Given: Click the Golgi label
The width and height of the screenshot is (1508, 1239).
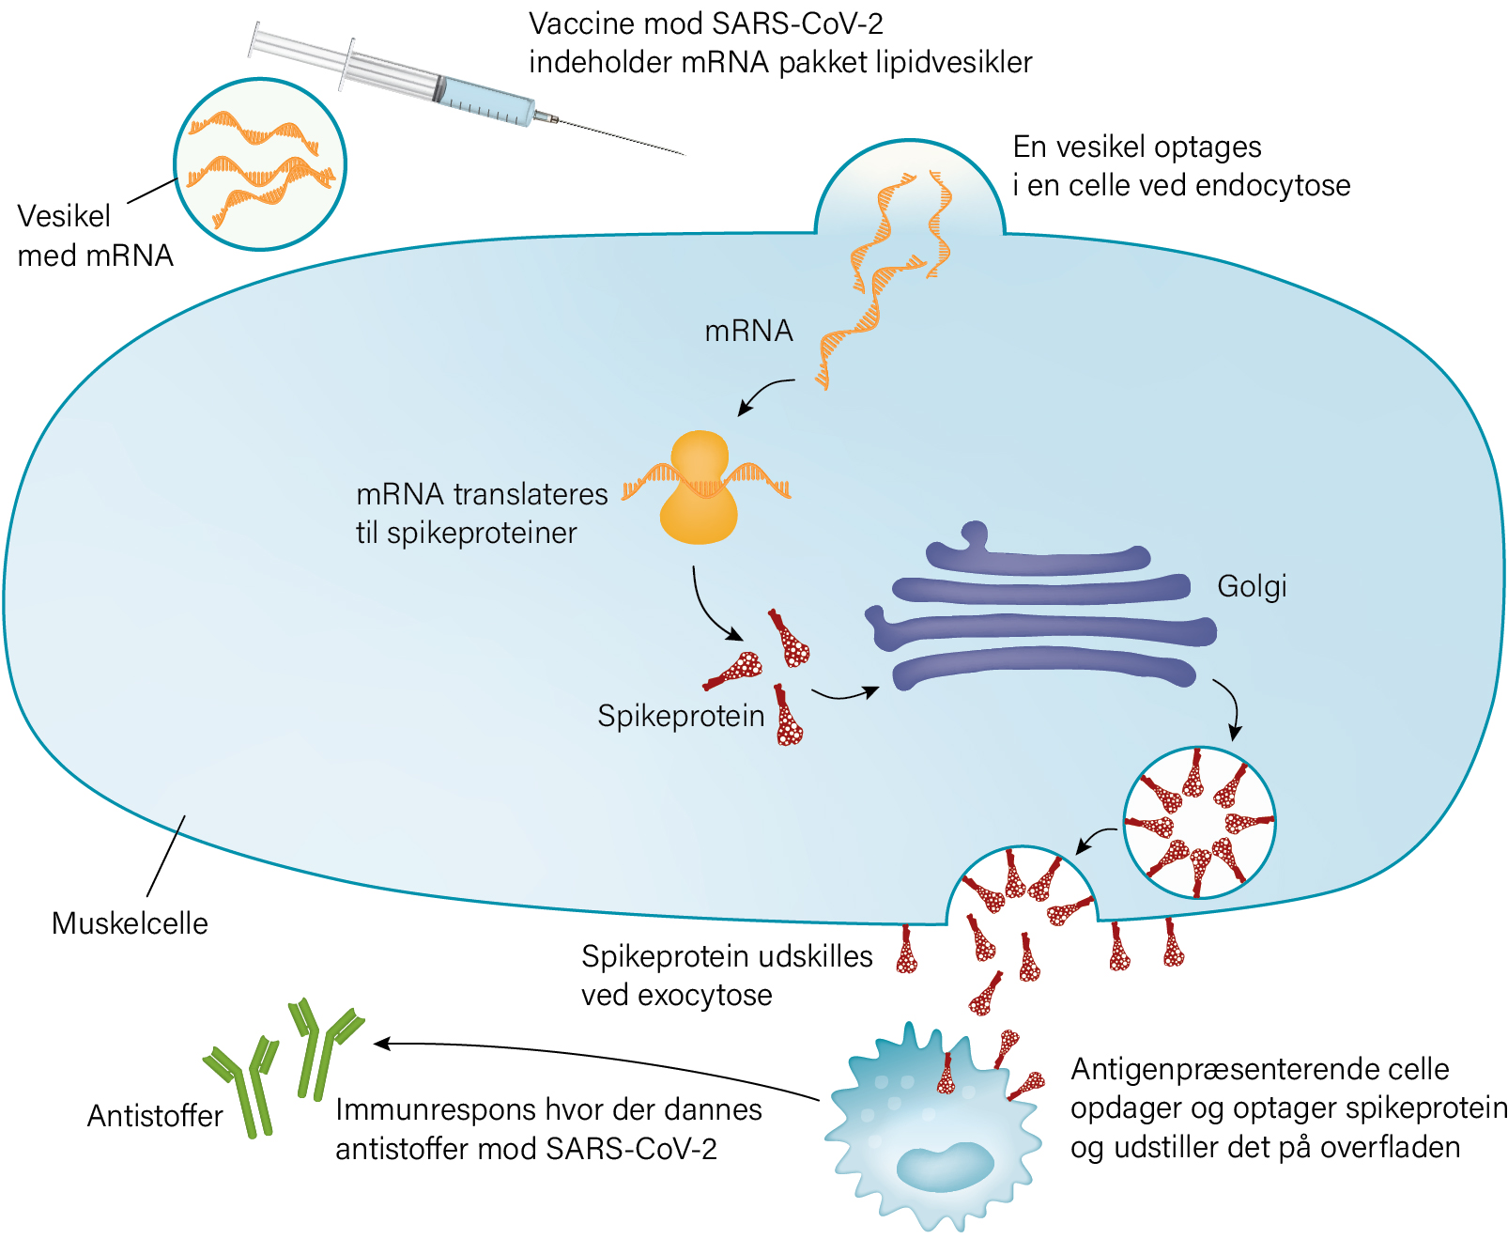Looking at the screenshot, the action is [x=1252, y=587].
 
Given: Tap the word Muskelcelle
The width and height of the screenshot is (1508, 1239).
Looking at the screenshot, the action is [x=130, y=923].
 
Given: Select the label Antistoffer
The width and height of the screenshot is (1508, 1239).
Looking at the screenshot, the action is [x=154, y=1116].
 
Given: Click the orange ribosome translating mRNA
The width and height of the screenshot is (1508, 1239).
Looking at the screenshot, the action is [x=699, y=488].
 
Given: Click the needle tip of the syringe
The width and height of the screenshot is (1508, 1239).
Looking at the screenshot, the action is [x=685, y=154].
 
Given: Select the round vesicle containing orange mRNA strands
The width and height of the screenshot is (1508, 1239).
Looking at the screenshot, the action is [x=260, y=164].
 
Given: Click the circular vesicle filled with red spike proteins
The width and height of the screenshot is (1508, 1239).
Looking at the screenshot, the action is [x=1199, y=823].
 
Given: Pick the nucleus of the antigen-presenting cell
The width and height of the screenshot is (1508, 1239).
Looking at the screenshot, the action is [x=946, y=1168].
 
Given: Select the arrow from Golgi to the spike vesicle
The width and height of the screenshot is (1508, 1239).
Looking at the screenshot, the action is [x=1231, y=708].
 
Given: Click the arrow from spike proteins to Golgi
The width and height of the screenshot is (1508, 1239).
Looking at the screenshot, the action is [x=845, y=693].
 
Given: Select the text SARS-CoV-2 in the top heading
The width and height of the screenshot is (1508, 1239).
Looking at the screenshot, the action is [x=797, y=23].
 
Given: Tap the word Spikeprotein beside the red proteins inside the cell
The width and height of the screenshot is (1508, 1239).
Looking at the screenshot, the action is [x=681, y=716].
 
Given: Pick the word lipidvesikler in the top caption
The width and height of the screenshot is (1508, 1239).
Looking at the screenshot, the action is [x=954, y=63].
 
